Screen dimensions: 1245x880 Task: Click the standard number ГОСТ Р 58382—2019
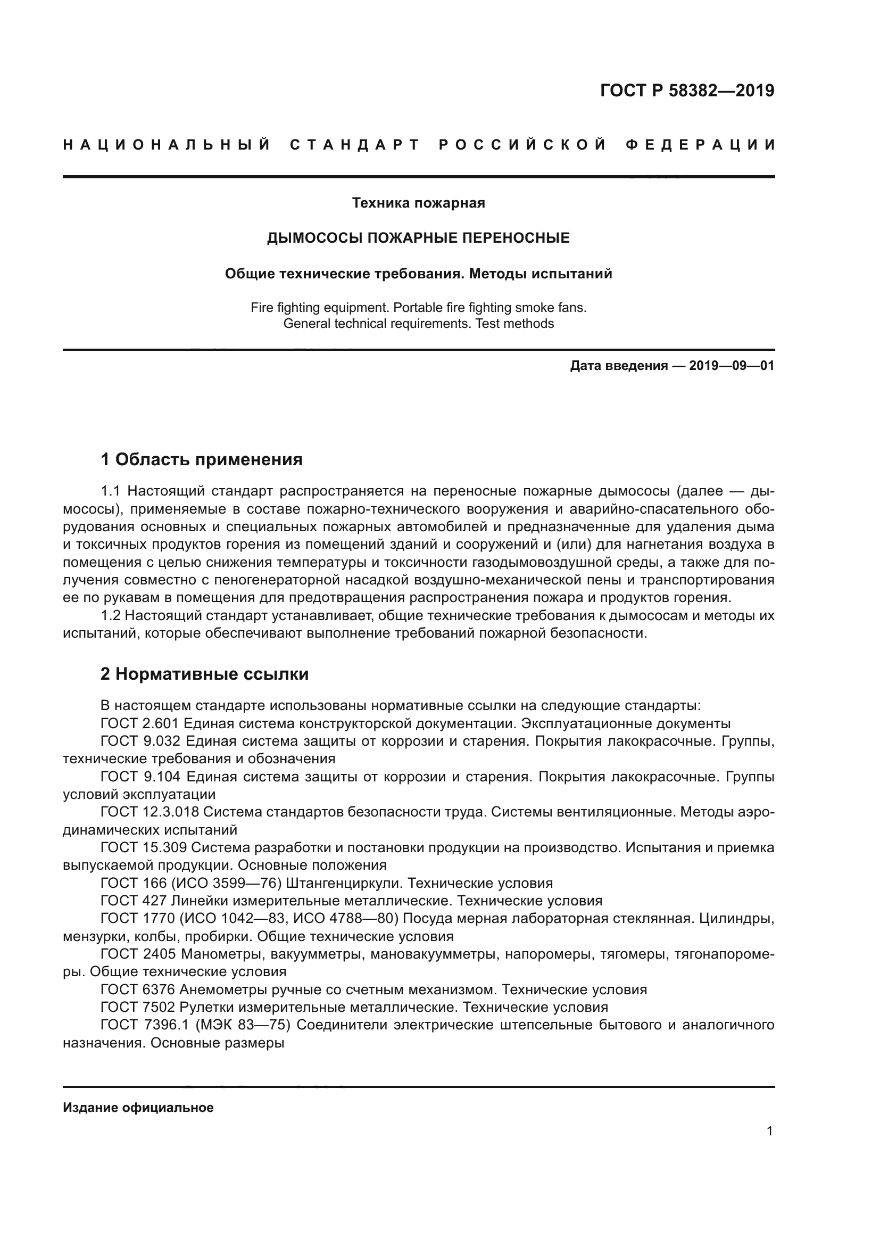coord(687,90)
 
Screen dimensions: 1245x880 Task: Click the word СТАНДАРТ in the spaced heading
coord(355,145)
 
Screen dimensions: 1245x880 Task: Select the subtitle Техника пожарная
coord(418,203)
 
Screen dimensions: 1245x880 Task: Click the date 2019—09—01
coord(732,366)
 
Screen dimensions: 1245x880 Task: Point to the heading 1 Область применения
coord(202,460)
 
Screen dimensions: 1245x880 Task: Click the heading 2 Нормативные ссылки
coord(205,674)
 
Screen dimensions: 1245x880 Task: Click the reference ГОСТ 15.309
coord(144,847)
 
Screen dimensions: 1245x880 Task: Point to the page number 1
coord(770,1131)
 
